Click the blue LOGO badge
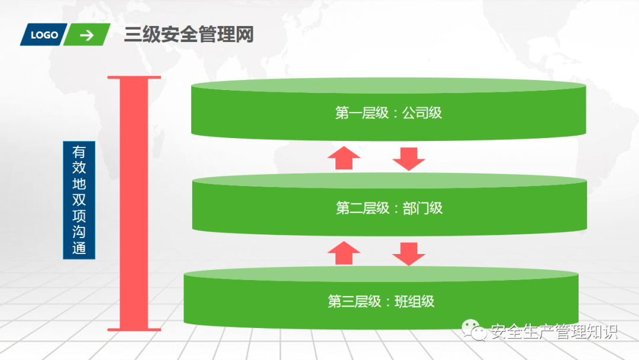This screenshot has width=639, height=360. (x=44, y=35)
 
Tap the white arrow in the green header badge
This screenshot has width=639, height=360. (x=87, y=36)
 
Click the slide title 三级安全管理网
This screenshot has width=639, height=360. (x=189, y=34)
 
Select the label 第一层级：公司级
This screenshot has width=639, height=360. (x=388, y=113)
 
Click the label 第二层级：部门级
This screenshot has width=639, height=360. (x=389, y=208)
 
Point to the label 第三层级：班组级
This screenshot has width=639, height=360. (x=381, y=302)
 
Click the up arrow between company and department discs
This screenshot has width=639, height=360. (x=344, y=157)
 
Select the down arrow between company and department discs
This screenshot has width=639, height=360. (x=409, y=159)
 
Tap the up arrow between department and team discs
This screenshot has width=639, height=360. (x=344, y=253)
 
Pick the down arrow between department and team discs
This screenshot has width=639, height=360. (x=409, y=254)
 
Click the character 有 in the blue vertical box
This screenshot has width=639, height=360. (x=79, y=152)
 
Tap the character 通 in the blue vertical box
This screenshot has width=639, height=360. (x=79, y=248)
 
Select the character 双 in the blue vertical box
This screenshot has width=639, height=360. (x=79, y=200)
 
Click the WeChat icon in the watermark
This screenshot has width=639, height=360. (x=474, y=330)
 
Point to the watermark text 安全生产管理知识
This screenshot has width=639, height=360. (x=554, y=332)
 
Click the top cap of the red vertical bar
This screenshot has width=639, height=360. (x=134, y=77)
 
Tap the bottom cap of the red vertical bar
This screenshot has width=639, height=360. (x=134, y=329)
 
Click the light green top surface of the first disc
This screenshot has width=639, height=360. (x=388, y=85)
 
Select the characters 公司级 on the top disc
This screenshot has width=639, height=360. (x=422, y=113)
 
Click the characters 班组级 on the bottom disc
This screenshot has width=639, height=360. (x=415, y=302)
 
